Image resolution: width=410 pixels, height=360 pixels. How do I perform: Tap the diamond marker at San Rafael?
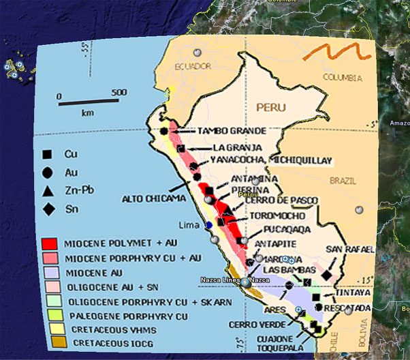click(327, 274)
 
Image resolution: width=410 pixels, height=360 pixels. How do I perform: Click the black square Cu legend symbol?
click(46, 155)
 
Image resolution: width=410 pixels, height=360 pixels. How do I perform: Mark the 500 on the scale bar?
click(119, 93)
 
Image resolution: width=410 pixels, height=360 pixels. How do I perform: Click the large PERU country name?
click(271, 108)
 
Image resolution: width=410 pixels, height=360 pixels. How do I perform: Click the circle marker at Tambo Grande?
click(164, 131)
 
